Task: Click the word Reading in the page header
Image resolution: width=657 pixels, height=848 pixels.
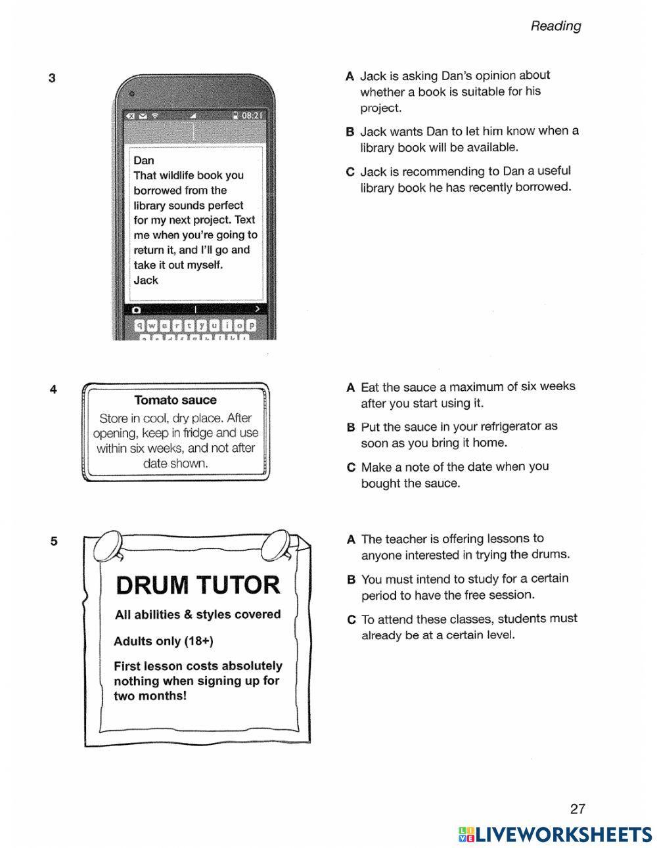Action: tap(555, 26)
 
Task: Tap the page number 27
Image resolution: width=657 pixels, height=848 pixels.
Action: tap(578, 809)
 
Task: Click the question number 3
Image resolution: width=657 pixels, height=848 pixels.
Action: tap(52, 78)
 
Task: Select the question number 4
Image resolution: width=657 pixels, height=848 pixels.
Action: tap(53, 390)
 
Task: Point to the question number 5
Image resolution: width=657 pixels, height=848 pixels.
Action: tap(53, 541)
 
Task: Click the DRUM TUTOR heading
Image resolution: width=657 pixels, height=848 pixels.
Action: tap(198, 585)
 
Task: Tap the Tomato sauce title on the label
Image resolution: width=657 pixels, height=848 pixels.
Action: tap(175, 400)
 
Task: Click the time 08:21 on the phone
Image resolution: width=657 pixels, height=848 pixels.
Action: tap(251, 116)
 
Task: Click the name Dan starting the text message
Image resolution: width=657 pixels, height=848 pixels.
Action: tap(144, 160)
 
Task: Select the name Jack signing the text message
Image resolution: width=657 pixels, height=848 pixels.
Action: tap(146, 280)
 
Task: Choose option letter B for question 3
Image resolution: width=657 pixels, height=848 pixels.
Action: tap(350, 131)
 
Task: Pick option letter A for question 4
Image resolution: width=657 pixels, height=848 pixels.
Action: tap(351, 388)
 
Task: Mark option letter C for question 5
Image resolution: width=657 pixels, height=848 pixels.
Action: tap(351, 619)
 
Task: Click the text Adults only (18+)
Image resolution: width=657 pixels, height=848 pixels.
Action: tap(164, 641)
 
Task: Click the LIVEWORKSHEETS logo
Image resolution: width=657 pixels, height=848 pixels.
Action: tap(555, 834)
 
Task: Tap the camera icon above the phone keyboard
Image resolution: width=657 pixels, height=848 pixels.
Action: tap(136, 309)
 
